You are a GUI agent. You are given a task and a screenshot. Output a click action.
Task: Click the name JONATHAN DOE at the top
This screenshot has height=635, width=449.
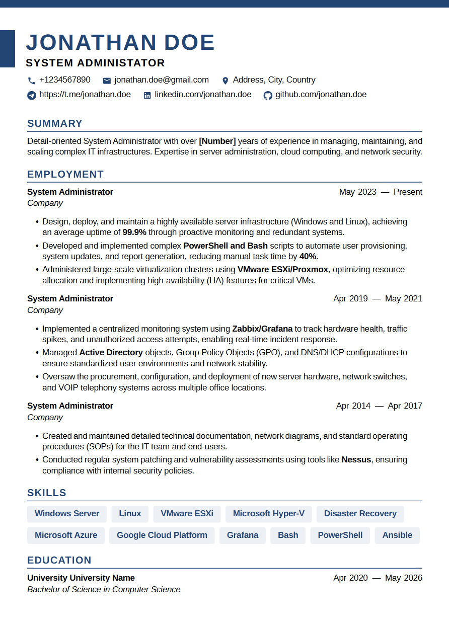click(120, 43)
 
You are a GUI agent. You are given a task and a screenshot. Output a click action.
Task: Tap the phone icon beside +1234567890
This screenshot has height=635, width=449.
click(32, 81)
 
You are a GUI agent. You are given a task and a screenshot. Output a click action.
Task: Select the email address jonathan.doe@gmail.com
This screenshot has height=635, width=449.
click(161, 80)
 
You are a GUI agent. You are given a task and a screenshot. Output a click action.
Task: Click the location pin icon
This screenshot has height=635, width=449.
click(225, 81)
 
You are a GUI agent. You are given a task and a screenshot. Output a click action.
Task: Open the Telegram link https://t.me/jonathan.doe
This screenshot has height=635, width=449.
click(85, 95)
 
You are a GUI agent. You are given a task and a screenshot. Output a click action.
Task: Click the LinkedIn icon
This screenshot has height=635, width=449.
click(147, 95)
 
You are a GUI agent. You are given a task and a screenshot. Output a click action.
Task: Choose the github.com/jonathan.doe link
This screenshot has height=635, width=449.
click(321, 95)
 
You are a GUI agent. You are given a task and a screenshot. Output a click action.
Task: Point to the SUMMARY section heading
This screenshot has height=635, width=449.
click(55, 124)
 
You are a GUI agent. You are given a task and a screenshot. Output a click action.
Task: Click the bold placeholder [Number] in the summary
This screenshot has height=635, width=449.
click(217, 141)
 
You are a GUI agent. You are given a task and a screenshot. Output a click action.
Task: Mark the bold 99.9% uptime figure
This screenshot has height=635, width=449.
click(134, 232)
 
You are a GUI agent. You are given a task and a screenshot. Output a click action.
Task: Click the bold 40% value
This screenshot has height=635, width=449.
click(308, 257)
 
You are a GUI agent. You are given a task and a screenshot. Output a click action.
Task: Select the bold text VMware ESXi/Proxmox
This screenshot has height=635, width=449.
click(283, 270)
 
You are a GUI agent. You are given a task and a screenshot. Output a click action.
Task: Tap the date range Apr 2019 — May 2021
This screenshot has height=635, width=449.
click(378, 299)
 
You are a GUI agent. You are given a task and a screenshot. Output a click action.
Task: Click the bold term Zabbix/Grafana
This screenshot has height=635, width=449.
click(262, 329)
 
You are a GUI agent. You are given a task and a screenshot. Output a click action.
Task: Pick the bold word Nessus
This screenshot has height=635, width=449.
click(356, 460)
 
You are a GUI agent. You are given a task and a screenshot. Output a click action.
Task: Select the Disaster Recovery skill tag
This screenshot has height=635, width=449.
click(360, 514)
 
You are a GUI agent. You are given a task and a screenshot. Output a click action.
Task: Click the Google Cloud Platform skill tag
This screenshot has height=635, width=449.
click(162, 535)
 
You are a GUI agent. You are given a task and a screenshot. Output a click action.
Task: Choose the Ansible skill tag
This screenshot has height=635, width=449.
click(397, 535)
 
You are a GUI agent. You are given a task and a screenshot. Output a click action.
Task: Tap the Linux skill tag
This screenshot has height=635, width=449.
click(130, 514)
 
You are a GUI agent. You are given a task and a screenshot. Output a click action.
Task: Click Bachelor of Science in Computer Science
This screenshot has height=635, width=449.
click(104, 590)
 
